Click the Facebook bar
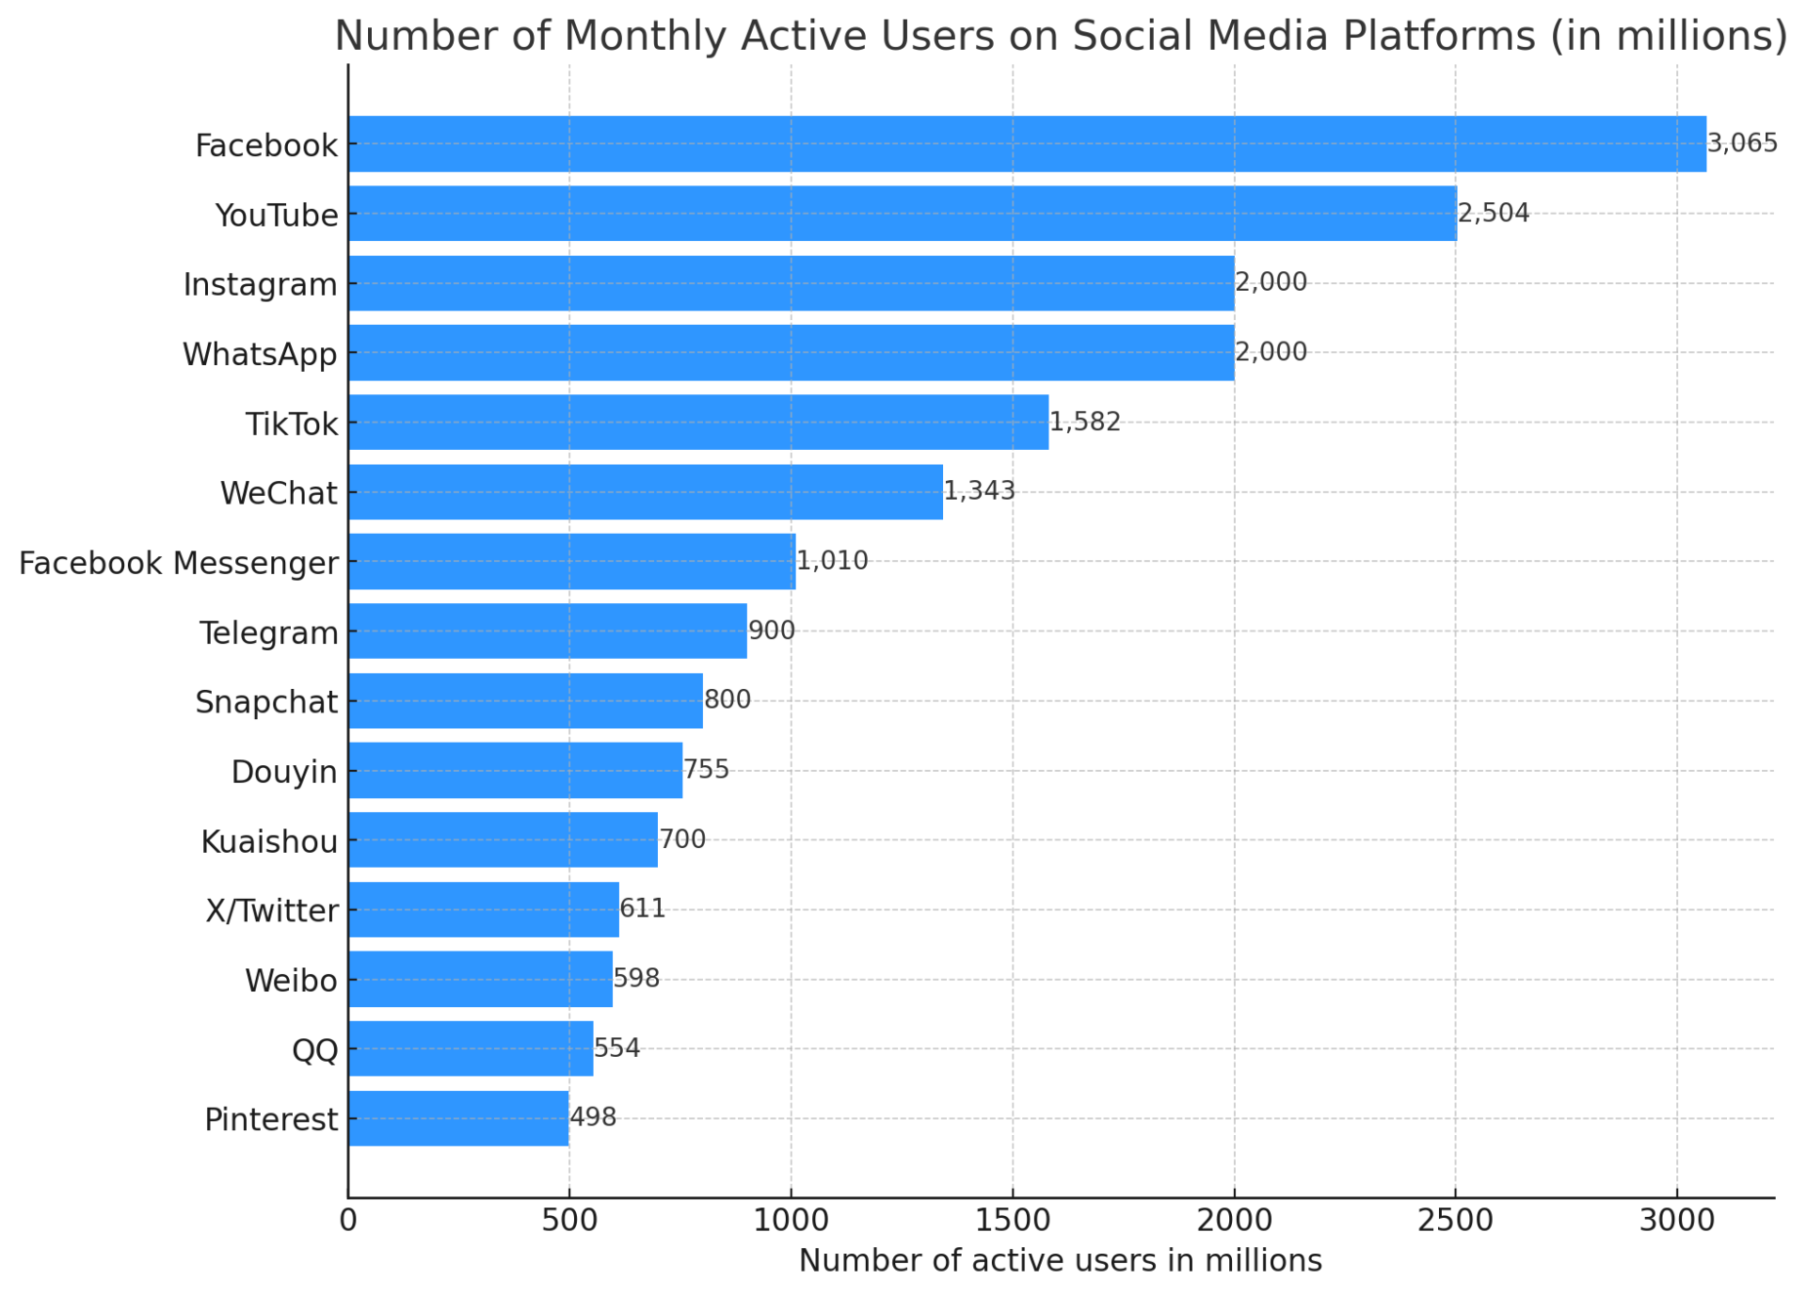pyautogui.click(x=1026, y=144)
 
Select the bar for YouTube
pyautogui.click(x=902, y=214)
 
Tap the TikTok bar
pyautogui.click(x=697, y=423)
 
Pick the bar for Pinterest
pyautogui.click(x=458, y=1118)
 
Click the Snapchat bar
pyautogui.click(x=525, y=701)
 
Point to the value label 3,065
pyautogui.click(x=1741, y=144)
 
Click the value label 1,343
pyautogui.click(x=979, y=491)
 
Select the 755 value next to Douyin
pyautogui.click(x=706, y=770)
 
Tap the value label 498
pyautogui.click(x=593, y=1117)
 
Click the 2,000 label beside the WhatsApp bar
pyautogui.click(x=1271, y=352)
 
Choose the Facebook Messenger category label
pyautogui.click(x=179, y=563)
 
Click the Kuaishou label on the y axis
pyautogui.click(x=269, y=841)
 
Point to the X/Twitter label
pyautogui.click(x=272, y=911)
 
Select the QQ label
pyautogui.click(x=315, y=1049)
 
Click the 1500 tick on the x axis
pyautogui.click(x=1013, y=1221)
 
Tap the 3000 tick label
pyautogui.click(x=1676, y=1221)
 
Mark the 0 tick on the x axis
pyautogui.click(x=348, y=1221)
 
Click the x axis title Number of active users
pyautogui.click(x=1060, y=1261)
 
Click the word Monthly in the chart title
pyautogui.click(x=650, y=36)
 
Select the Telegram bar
pyautogui.click(x=547, y=632)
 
